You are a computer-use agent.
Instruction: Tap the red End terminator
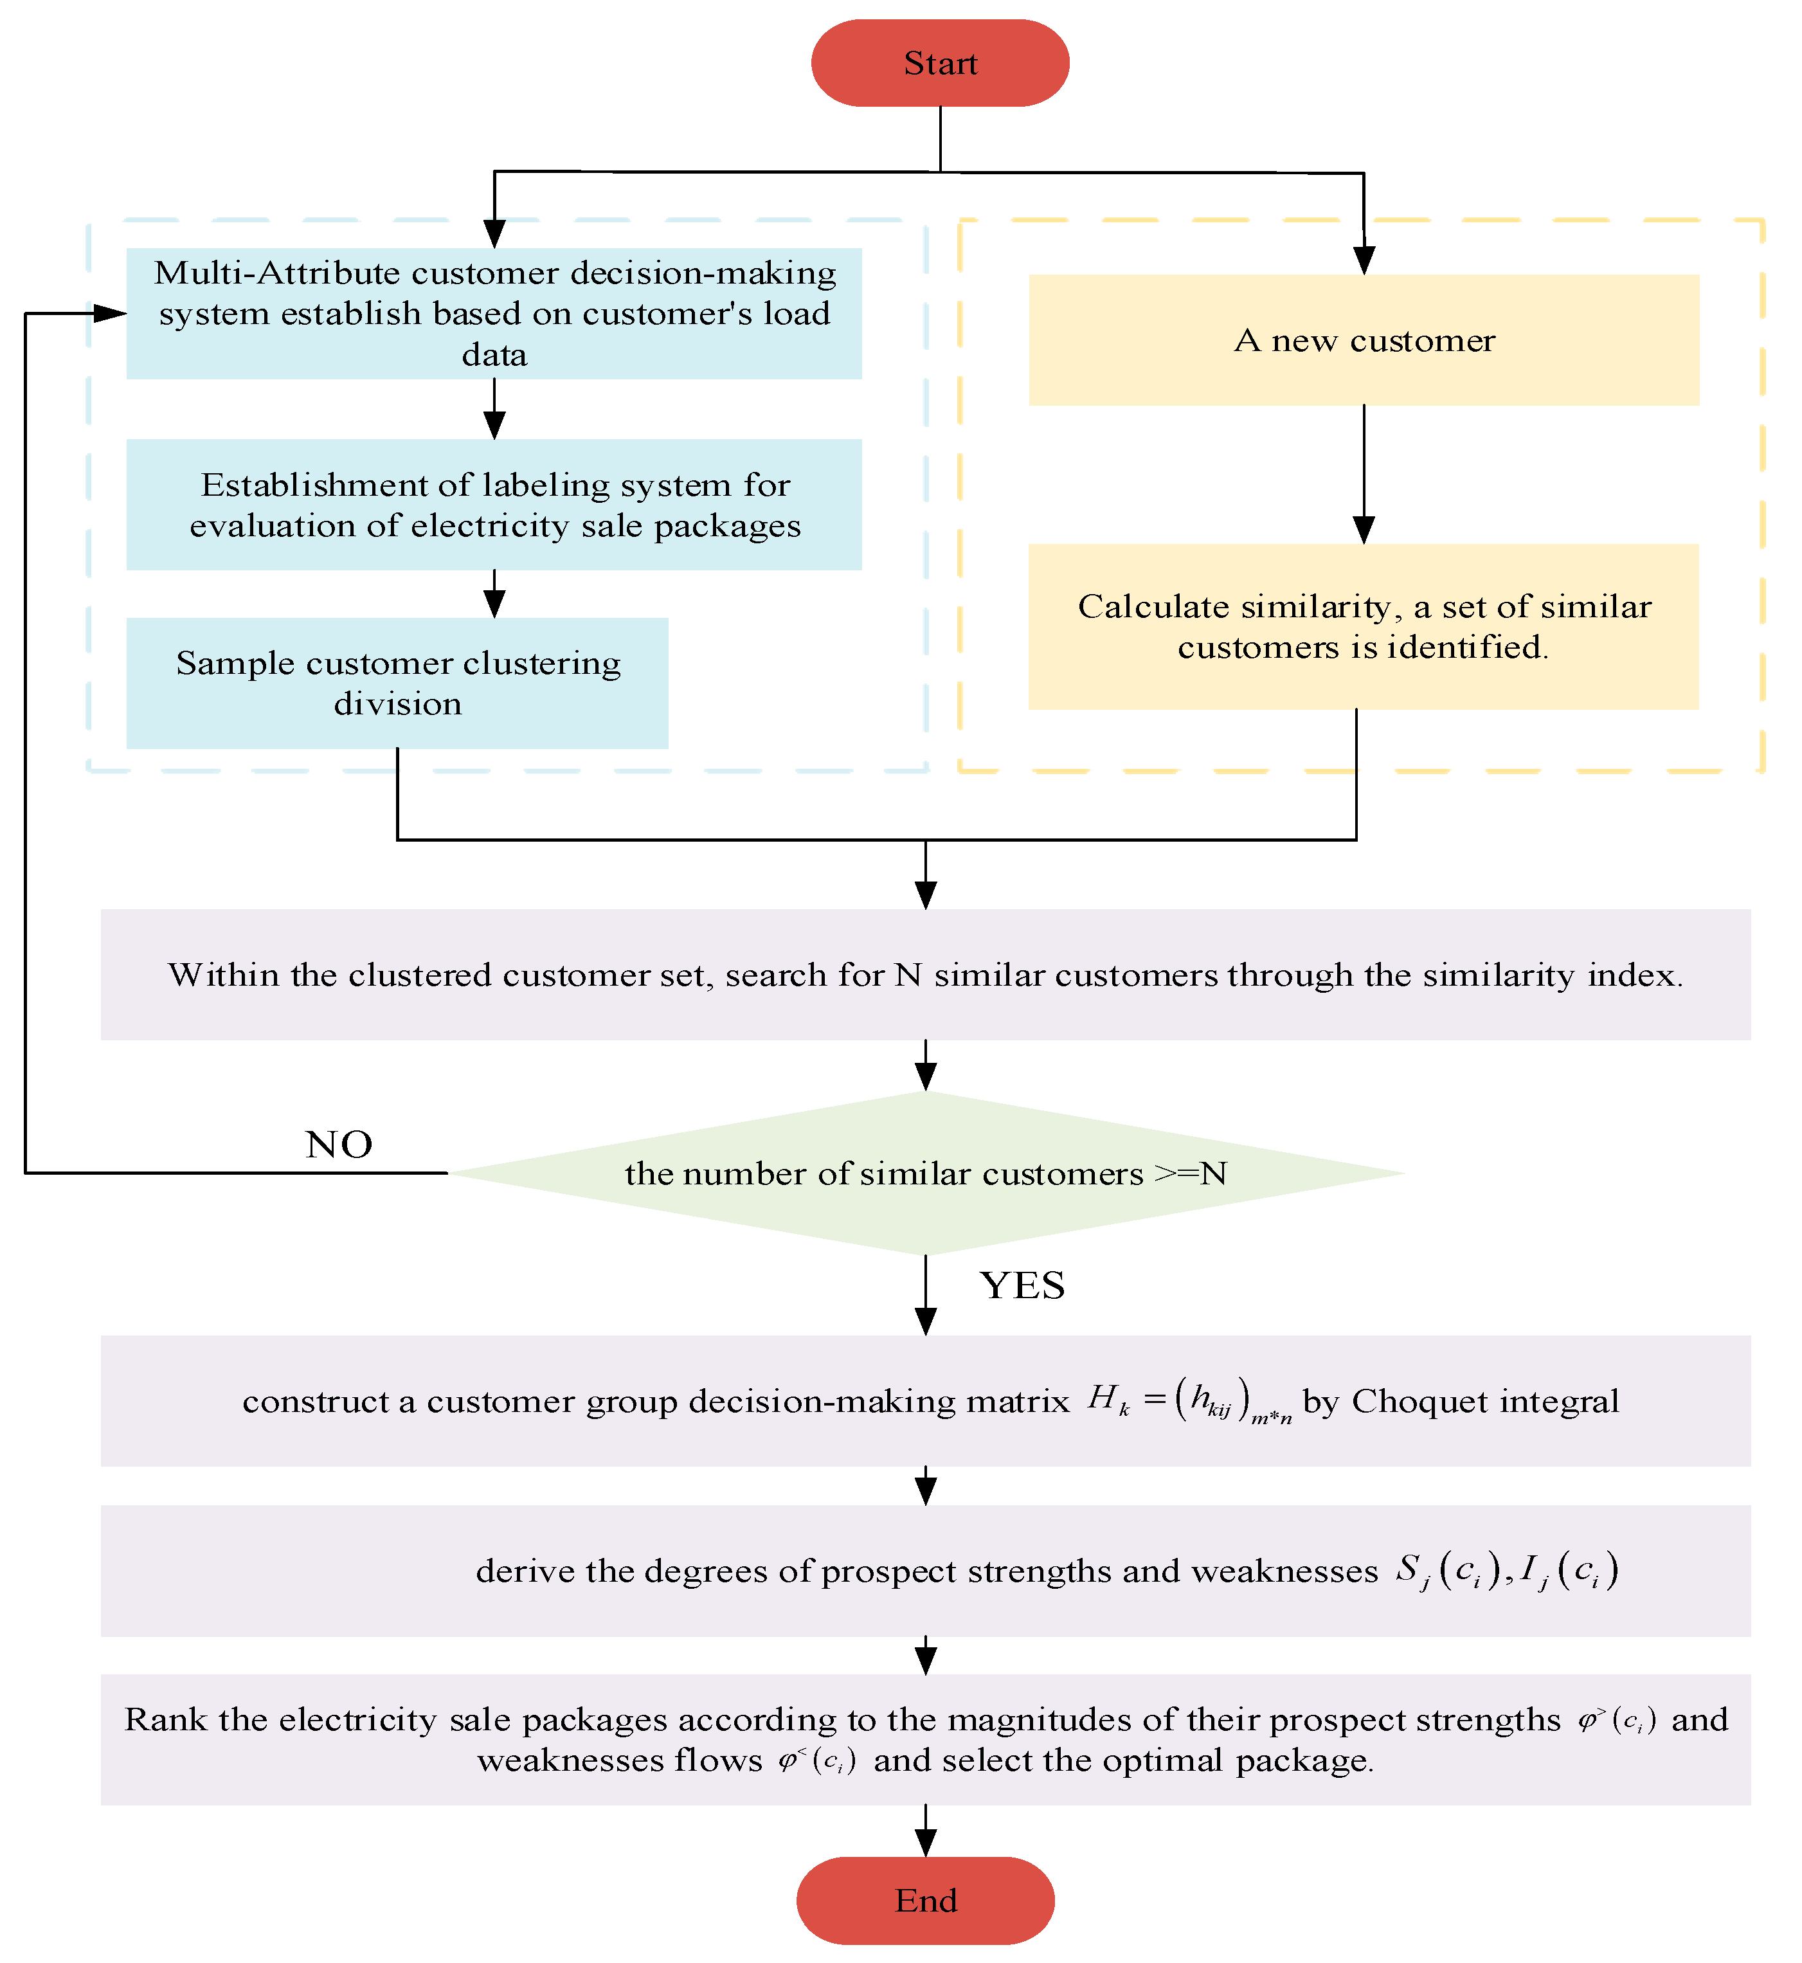[x=925, y=1899]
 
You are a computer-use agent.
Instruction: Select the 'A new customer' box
[x=1363, y=340]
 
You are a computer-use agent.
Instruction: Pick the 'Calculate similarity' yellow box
[x=1363, y=626]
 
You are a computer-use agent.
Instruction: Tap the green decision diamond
[x=925, y=1173]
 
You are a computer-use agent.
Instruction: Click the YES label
[x=1022, y=1285]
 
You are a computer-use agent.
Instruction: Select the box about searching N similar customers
[x=925, y=974]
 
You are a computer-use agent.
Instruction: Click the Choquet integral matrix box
[x=925, y=1400]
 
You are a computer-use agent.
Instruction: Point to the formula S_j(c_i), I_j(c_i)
[x=1506, y=1571]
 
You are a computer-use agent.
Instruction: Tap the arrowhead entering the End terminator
[x=925, y=1843]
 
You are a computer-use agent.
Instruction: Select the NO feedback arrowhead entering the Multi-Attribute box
[x=109, y=313]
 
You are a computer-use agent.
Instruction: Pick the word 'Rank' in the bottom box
[x=166, y=1719]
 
